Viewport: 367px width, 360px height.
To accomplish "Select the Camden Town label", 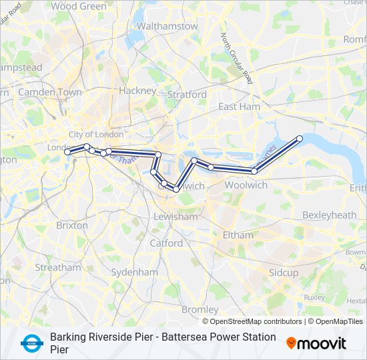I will (50, 92).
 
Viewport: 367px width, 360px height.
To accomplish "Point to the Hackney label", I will (137, 91).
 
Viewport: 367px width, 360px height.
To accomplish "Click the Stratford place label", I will (187, 95).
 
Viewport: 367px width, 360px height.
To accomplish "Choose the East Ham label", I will (239, 107).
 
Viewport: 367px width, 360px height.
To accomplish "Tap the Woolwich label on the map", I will (246, 185).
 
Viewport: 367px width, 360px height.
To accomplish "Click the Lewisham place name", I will (175, 217).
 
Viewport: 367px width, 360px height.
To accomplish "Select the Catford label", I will (166, 243).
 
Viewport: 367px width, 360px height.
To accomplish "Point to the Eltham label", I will (238, 235).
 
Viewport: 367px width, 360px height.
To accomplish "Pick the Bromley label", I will (200, 309).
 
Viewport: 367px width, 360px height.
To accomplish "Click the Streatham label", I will (57, 267).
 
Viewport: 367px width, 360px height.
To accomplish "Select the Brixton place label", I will (72, 225).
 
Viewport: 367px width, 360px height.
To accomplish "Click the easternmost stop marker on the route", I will (300, 139).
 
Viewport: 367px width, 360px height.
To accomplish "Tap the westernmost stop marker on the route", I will (67, 153).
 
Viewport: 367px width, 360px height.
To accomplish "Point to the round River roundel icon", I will (30, 343).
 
